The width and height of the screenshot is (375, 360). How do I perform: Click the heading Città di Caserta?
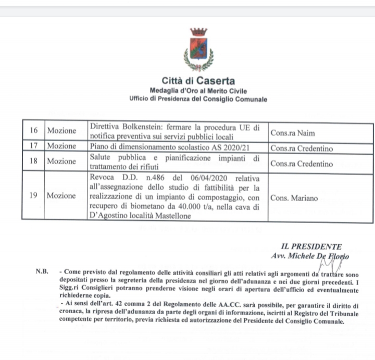[x=198, y=81]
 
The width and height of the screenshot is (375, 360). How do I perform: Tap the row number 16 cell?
[x=33, y=131]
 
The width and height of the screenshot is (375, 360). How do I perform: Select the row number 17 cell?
[x=33, y=146]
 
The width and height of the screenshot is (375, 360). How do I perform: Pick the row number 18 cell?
[x=33, y=162]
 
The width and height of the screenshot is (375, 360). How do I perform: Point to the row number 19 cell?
[x=33, y=196]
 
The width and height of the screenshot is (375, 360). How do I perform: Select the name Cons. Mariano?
[x=294, y=198]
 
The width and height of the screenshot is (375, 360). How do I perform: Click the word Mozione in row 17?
[x=61, y=146]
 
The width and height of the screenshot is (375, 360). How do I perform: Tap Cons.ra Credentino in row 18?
[x=302, y=164]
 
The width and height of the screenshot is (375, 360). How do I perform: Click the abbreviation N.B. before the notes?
[x=42, y=271]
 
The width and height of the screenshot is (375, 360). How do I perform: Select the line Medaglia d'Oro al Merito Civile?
[x=198, y=91]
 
